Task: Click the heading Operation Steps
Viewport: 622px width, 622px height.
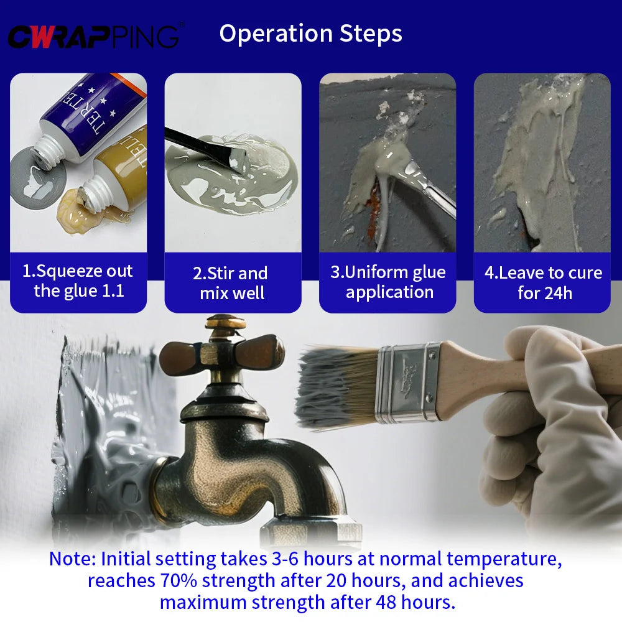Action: [310, 34]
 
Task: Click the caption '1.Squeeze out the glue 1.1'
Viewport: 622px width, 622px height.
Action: [78, 281]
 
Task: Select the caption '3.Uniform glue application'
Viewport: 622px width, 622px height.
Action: [388, 282]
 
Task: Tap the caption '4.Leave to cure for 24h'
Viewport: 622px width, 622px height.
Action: [542, 283]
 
